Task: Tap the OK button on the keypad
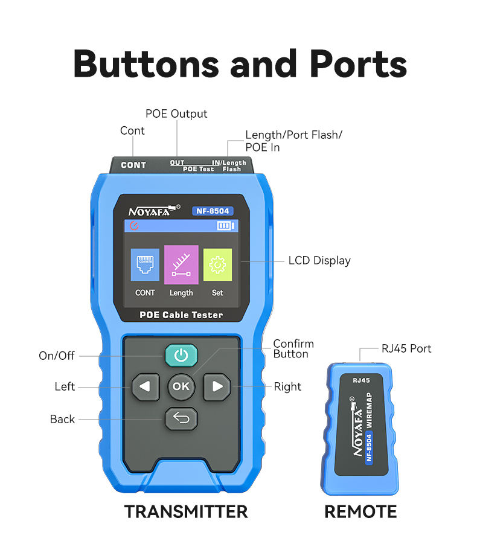coord(181,386)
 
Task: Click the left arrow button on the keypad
coord(145,387)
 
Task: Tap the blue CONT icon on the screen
coord(145,264)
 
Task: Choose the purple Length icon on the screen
coord(181,264)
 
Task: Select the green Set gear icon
coord(217,264)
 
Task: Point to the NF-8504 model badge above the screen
coord(213,211)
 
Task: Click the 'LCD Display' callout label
coord(319,261)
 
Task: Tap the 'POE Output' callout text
coord(176,114)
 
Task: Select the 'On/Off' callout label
coord(57,356)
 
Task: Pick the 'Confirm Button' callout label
coord(293,349)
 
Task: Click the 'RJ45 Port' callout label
coord(406,348)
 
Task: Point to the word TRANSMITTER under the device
coord(186,512)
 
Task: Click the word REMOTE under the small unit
coord(360,512)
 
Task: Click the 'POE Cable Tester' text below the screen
coord(181,315)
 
